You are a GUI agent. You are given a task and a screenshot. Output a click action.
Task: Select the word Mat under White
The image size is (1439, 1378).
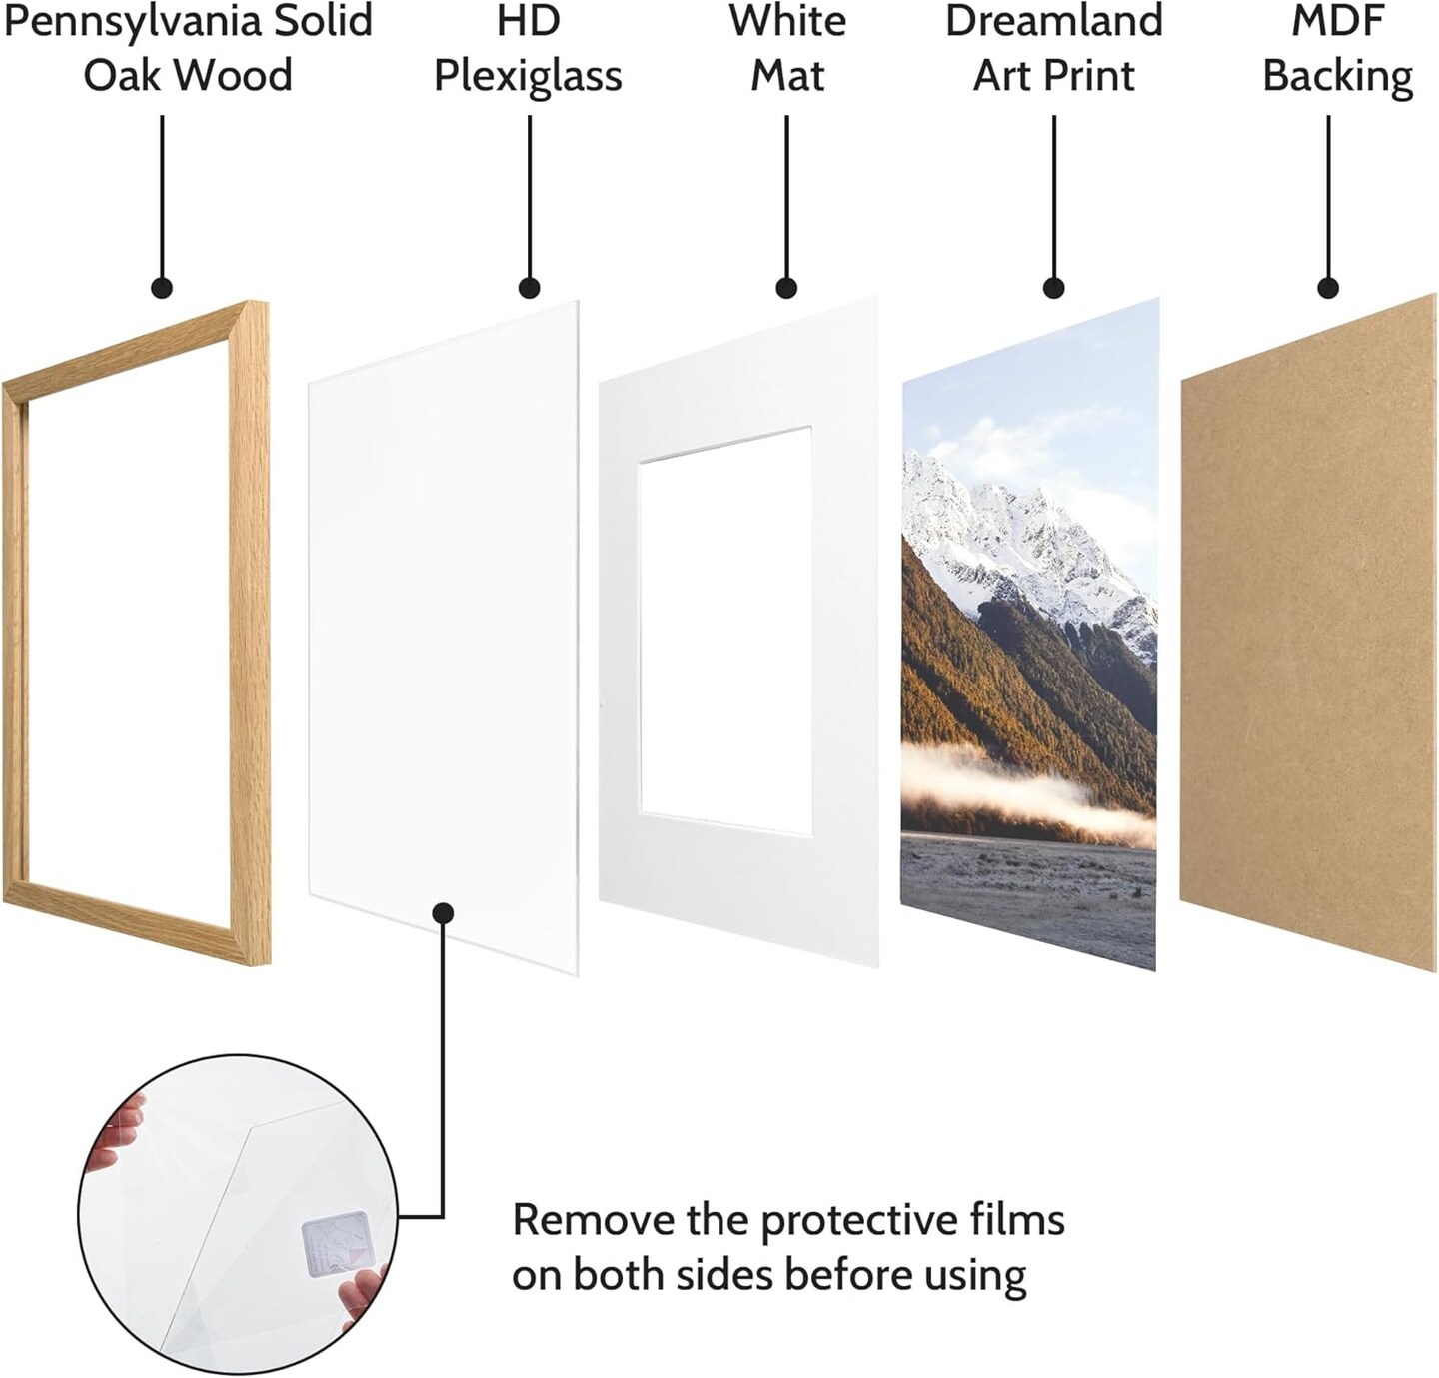point(787,75)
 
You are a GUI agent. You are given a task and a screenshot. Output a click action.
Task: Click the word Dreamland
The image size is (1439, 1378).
point(1053,20)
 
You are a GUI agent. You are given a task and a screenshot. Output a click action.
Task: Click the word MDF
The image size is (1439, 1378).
point(1337,20)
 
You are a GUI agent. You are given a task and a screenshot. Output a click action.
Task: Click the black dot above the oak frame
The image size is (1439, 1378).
point(162,288)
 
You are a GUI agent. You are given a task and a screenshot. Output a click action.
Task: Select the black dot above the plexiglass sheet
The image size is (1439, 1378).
point(529,288)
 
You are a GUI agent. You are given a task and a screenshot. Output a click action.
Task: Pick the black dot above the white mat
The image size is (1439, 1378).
point(786,288)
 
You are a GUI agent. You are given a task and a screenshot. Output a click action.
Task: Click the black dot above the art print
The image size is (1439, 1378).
point(1053,288)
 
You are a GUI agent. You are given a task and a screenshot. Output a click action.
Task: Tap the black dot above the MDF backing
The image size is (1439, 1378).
point(1328,288)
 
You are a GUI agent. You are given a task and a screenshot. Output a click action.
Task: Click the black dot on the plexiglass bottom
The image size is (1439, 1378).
point(443,913)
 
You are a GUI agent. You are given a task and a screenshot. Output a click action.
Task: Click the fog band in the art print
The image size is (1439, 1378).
point(1028,794)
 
